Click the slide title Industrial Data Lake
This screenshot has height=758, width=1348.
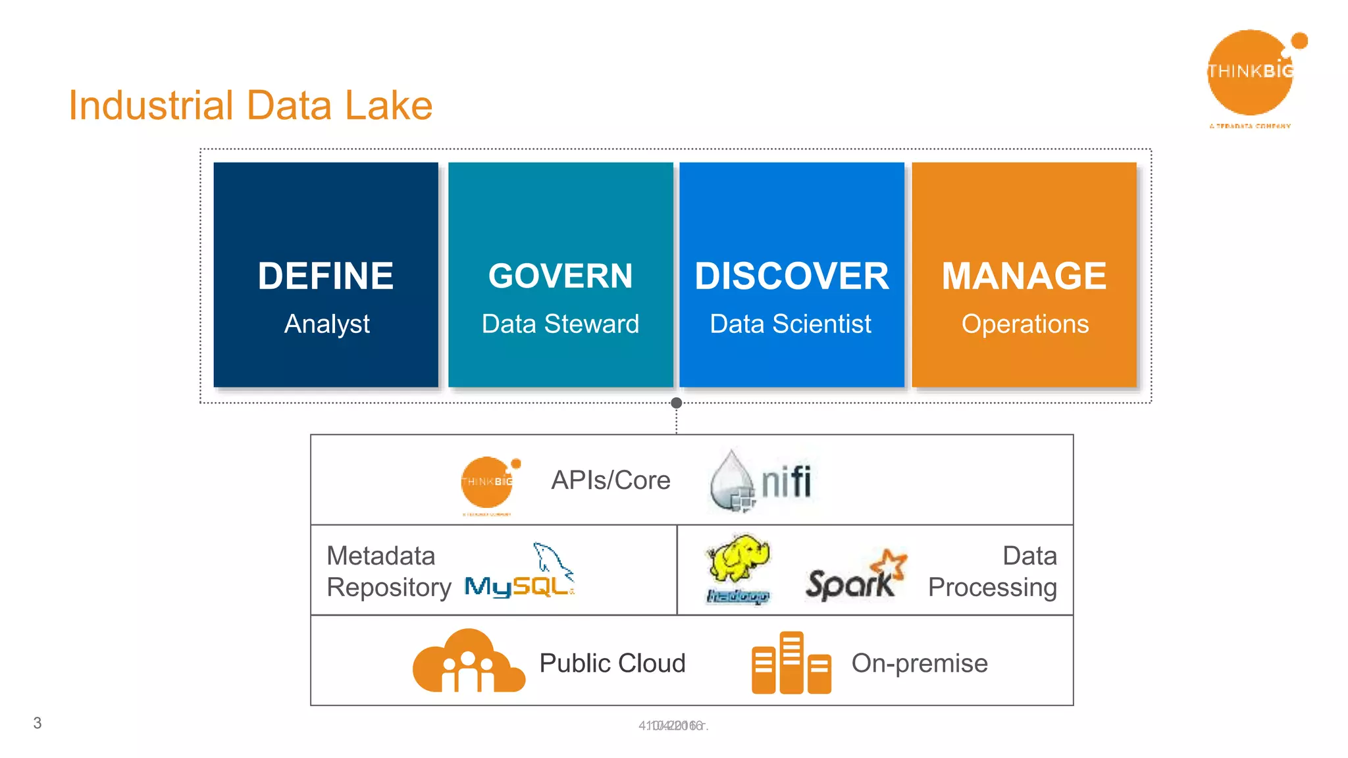(x=250, y=105)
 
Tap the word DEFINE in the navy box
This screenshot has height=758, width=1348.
(x=326, y=276)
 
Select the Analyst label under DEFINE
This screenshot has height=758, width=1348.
(x=326, y=324)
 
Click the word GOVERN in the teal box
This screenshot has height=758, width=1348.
(x=560, y=276)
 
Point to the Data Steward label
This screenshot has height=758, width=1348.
(x=560, y=324)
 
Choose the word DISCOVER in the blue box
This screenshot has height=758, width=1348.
(x=792, y=276)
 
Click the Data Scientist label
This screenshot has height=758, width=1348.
(x=791, y=324)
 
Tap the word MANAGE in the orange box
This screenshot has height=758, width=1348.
(x=1024, y=276)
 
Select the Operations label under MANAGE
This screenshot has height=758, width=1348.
(x=1025, y=324)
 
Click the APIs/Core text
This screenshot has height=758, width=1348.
(x=611, y=480)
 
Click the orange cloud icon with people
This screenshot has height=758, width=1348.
(x=469, y=662)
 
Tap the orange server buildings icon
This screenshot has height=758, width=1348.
(x=791, y=663)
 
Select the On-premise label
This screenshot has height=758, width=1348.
(x=920, y=663)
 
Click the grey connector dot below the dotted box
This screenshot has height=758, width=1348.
(x=676, y=403)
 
